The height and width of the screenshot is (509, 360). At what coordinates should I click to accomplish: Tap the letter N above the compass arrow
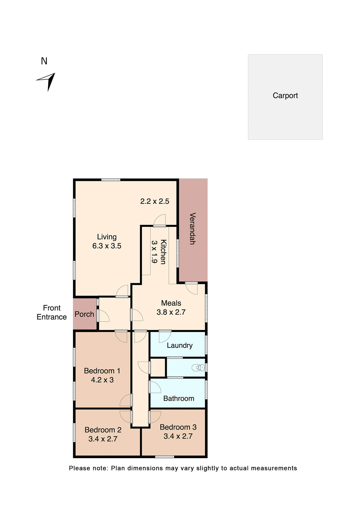click(44, 61)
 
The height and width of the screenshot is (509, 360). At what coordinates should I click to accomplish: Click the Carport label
click(285, 95)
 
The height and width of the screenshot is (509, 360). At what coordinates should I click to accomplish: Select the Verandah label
click(192, 228)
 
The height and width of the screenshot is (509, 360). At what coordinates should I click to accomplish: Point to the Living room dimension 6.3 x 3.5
click(107, 246)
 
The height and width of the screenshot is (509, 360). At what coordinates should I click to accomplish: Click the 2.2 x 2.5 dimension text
click(155, 201)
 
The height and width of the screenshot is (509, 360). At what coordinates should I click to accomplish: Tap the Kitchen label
click(163, 252)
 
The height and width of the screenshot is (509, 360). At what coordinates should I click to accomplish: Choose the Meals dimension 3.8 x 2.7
click(171, 312)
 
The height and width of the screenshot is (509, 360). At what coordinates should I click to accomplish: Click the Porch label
click(84, 314)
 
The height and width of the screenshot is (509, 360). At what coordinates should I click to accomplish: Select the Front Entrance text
click(52, 312)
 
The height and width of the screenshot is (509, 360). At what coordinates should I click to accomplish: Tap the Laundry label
click(179, 345)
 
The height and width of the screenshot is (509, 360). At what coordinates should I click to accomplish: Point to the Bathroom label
click(179, 398)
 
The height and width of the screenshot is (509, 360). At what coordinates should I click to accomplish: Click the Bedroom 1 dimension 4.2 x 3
click(102, 380)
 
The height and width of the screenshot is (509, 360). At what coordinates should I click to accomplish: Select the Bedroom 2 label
click(103, 430)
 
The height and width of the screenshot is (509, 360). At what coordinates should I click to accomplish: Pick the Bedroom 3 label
click(178, 427)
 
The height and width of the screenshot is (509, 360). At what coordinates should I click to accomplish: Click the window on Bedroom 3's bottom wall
click(164, 457)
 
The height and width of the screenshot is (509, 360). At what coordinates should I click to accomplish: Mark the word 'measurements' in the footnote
click(274, 468)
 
